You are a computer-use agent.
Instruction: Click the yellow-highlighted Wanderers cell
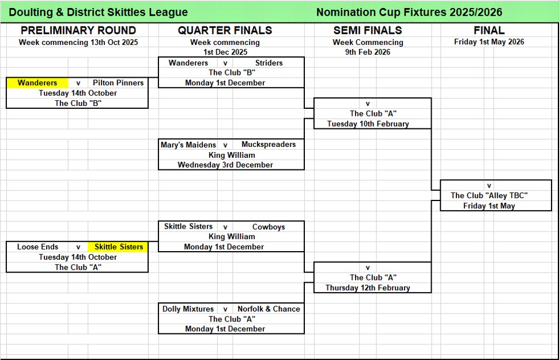pos(37,83)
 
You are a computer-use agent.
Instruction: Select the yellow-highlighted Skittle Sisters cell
pos(119,247)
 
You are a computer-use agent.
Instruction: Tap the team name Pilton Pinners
pos(118,83)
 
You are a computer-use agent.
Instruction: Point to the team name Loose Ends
pos(37,247)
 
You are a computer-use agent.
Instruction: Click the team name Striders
pos(269,63)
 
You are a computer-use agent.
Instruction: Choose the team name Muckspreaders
pos(269,145)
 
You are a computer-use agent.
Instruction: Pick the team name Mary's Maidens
pos(188,145)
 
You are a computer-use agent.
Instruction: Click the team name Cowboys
pos(269,227)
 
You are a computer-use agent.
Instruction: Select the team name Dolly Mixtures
pos(188,309)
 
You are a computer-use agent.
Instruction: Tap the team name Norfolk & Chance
pos(269,309)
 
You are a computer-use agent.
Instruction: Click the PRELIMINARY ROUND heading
pos(78,31)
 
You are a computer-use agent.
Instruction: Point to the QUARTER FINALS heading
pos(225,31)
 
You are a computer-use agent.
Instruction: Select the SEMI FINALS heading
pos(368,31)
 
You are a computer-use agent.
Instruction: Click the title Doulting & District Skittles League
pos(97,12)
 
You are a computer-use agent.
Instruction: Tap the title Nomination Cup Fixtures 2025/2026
pos(409,12)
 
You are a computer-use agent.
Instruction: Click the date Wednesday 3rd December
pos(225,165)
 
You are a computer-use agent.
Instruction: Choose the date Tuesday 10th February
pos(368,124)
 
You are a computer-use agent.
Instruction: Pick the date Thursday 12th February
pos(368,288)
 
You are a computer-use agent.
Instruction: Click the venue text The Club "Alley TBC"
pos(489,196)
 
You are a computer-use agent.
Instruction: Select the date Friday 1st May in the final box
pos(489,206)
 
